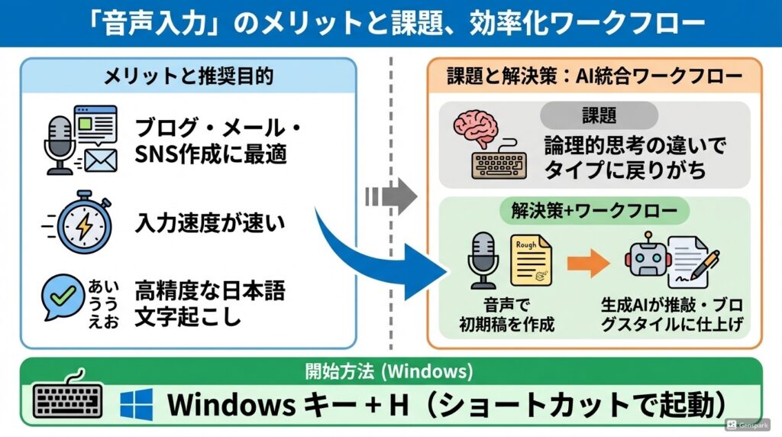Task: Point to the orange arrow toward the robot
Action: tap(589, 264)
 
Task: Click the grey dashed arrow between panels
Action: tap(391, 196)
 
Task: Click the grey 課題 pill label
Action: tap(598, 115)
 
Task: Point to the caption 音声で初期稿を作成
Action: tap(506, 315)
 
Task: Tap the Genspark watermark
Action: tap(749, 425)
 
